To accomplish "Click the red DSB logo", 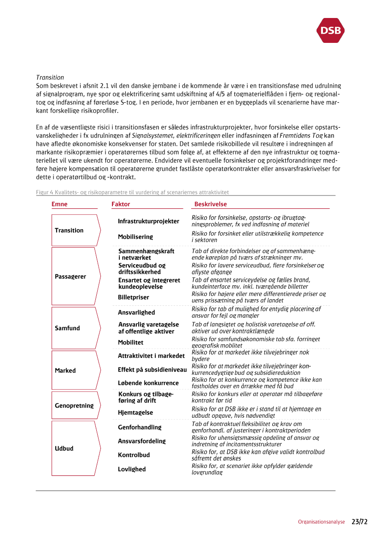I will (330, 30).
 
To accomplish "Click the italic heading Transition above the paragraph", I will (50, 77).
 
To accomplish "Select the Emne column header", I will (59, 204).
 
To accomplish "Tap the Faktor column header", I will (121, 204).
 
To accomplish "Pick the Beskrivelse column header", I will (211, 204).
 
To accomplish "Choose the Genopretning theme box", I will (75, 406).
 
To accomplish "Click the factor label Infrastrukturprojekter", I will (148, 221).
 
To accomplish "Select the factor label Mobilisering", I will (135, 237).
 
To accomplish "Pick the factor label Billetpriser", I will (134, 297).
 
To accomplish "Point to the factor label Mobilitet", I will (130, 343).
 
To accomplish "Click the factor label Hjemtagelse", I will (135, 413).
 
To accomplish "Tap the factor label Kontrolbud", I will (134, 455).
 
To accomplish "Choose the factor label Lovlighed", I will (132, 469).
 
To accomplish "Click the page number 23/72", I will (360, 522).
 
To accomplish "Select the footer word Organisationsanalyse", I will (321, 522).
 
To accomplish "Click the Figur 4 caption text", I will (132, 192).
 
